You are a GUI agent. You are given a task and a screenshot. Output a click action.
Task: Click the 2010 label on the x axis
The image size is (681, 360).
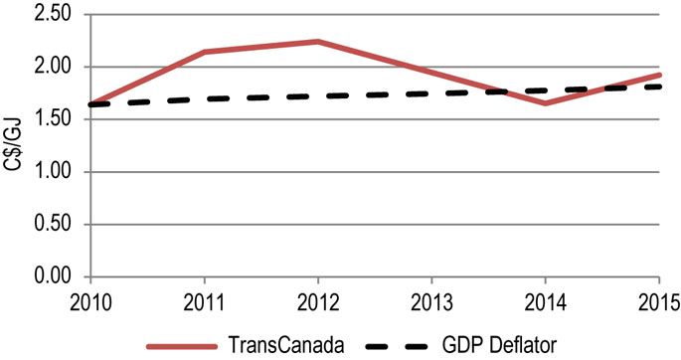[x=89, y=299]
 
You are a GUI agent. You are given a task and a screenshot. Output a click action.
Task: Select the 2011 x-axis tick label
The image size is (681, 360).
[x=204, y=299]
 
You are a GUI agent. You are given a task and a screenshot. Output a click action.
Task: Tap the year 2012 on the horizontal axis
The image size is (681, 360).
[x=318, y=299]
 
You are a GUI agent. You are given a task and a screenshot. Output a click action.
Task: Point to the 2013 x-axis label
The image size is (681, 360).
[x=432, y=299]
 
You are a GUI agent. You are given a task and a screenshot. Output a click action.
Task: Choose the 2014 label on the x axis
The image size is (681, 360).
[x=546, y=299]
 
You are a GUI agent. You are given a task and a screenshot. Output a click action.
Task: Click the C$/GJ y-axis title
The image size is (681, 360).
[x=15, y=147]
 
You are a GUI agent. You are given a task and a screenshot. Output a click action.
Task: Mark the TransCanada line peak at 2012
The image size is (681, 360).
[x=318, y=42]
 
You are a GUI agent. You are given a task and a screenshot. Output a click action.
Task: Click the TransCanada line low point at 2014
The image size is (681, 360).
[x=546, y=102]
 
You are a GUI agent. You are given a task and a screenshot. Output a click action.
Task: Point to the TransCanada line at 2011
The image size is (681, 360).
[x=204, y=52]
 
